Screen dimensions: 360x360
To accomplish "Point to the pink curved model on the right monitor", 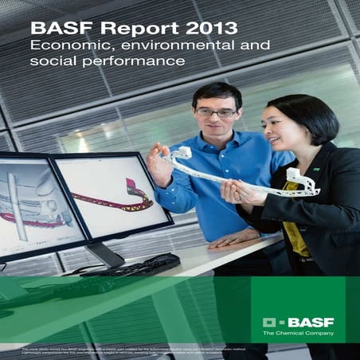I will click(119, 199).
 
